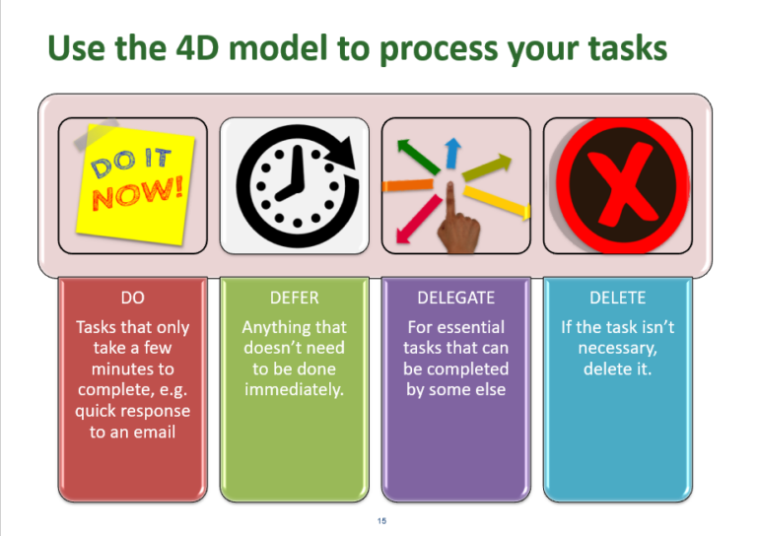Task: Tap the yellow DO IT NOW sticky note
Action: coord(133,182)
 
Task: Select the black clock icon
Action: coord(293,183)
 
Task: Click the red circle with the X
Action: coord(617,183)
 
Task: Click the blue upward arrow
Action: coord(451,153)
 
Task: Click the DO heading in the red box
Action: coord(133,297)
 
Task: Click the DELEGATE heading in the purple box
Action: coord(455,297)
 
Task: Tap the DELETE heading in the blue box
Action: coord(617,297)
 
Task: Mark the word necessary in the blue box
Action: coord(617,347)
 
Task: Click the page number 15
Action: coord(380,520)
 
